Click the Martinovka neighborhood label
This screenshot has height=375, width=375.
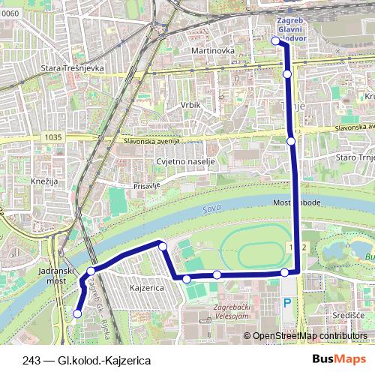tap(213, 50)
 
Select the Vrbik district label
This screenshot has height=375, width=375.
tap(190, 105)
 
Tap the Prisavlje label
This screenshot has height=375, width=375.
tap(147, 184)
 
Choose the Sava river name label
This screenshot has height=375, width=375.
tap(209, 212)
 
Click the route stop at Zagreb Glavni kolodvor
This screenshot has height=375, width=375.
tap(276, 41)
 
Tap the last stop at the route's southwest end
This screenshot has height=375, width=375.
tap(76, 313)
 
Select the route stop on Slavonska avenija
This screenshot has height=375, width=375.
tap(291, 140)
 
